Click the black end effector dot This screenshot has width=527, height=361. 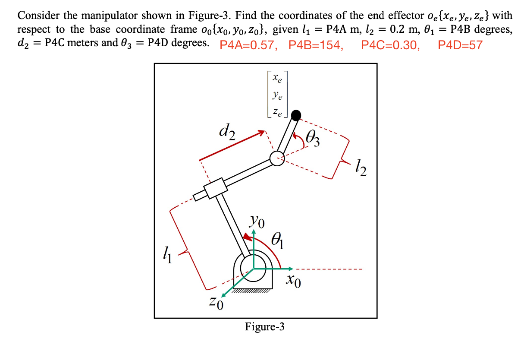[x=296, y=115]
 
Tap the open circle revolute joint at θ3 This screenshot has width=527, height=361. [x=276, y=158]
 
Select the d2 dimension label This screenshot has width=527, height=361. [x=226, y=133]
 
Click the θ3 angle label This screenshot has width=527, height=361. [x=313, y=139]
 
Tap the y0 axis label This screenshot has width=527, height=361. [x=257, y=223]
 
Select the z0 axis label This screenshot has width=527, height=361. [x=216, y=304]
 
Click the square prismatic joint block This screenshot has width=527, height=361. [x=215, y=188]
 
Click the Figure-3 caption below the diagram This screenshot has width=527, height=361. [x=265, y=327]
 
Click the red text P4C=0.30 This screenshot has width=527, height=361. [x=390, y=45]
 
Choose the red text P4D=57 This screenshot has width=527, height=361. [x=460, y=45]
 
